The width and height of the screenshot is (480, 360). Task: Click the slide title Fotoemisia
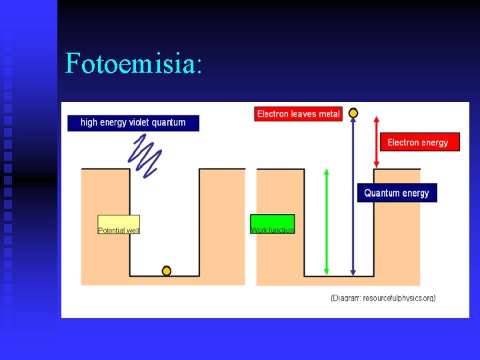click(x=133, y=63)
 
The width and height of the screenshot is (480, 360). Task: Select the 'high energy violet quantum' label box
click(x=133, y=123)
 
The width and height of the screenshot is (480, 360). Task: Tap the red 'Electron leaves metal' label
click(x=298, y=114)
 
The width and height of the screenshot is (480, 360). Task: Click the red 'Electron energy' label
click(x=419, y=142)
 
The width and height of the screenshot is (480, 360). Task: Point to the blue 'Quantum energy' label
click(x=397, y=193)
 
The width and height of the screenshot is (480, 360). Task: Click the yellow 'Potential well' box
click(x=119, y=225)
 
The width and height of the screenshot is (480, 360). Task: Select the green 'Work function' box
click(x=272, y=224)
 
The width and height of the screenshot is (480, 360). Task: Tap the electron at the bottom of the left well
click(x=167, y=271)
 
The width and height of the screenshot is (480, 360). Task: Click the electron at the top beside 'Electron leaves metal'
click(x=353, y=113)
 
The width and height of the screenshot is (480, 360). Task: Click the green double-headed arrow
click(x=326, y=221)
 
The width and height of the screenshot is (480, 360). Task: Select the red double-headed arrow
click(x=377, y=142)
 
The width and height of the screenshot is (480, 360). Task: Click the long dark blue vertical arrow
click(x=353, y=200)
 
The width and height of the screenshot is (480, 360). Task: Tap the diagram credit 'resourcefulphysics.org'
click(x=399, y=298)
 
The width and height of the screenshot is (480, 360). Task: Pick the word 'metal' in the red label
click(x=329, y=114)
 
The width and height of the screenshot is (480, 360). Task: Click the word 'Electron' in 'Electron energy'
click(x=403, y=142)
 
